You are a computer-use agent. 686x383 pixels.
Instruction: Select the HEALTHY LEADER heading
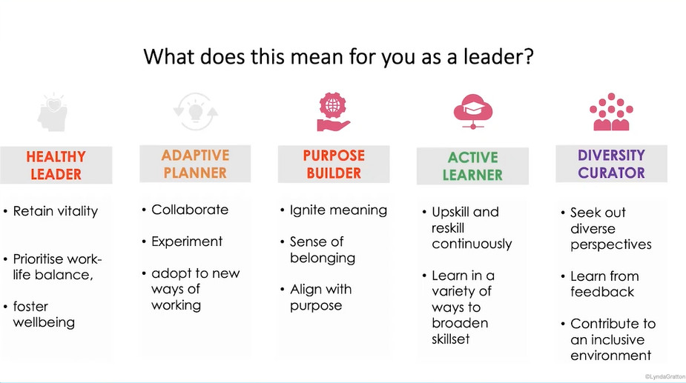pyautogui.click(x=56, y=165)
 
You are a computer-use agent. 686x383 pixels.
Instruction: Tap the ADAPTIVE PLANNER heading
pyautogui.click(x=195, y=164)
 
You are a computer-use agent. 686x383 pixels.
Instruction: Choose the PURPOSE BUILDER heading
pyautogui.click(x=333, y=164)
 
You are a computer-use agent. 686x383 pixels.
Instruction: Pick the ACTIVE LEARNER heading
pyautogui.click(x=472, y=166)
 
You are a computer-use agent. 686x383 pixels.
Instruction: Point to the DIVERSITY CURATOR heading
pyautogui.click(x=611, y=164)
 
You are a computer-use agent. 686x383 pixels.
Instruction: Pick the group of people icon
pyautogui.click(x=611, y=112)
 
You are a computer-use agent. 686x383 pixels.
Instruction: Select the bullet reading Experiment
pyautogui.click(x=187, y=242)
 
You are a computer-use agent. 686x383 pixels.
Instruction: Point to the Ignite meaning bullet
pyautogui.click(x=338, y=210)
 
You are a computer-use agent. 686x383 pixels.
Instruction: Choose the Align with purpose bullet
pyautogui.click(x=321, y=297)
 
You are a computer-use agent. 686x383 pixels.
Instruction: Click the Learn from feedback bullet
pyautogui.click(x=604, y=284)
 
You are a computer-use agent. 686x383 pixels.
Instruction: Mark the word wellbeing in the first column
pyautogui.click(x=44, y=322)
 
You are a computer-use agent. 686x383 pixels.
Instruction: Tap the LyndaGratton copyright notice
pyautogui.click(x=664, y=376)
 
